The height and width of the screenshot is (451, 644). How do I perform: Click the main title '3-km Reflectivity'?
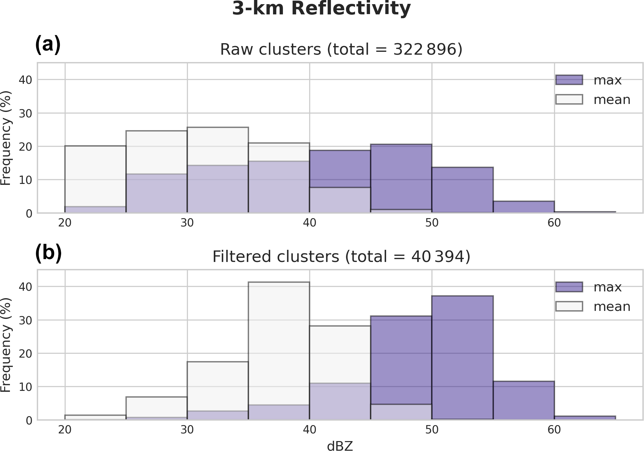click(321, 9)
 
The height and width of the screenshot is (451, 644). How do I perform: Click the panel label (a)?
click(48, 44)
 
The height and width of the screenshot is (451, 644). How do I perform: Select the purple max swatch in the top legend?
click(569, 80)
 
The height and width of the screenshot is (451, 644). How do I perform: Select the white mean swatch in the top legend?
click(569, 99)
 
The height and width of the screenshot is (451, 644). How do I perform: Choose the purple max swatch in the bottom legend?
click(569, 287)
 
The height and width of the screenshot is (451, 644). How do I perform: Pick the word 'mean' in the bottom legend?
click(612, 307)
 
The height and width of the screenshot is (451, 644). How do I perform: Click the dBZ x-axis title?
click(340, 446)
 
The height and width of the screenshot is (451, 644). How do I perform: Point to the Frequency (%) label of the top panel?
click(6, 138)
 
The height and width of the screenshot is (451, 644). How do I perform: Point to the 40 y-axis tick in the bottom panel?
click(25, 287)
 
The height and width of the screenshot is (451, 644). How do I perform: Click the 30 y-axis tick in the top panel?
click(25, 113)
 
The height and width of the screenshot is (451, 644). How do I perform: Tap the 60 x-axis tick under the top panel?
click(554, 223)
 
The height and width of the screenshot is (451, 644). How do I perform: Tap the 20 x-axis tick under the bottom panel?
click(65, 430)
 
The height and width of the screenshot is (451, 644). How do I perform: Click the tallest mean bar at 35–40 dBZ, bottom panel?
click(279, 342)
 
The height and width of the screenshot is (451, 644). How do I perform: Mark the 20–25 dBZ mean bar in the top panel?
click(95, 176)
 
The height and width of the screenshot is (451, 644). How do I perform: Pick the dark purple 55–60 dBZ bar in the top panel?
click(523, 207)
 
